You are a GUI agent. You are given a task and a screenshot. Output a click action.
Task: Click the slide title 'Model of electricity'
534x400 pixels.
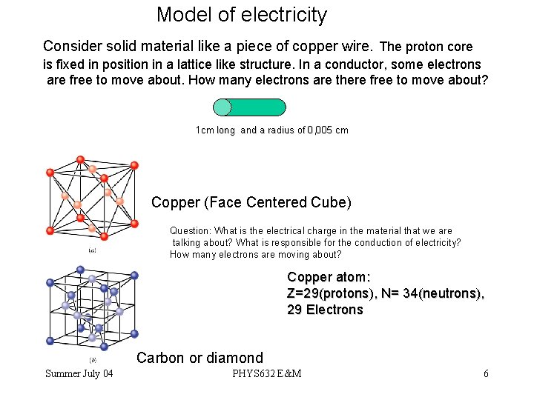point(241,15)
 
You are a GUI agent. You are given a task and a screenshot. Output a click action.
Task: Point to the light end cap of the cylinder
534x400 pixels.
point(222,107)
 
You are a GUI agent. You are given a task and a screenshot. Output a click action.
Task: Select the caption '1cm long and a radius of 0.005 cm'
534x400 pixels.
point(271,130)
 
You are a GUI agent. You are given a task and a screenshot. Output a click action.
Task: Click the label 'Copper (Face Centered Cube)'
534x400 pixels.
point(251,202)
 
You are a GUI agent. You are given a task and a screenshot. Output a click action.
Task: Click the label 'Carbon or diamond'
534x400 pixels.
point(200,358)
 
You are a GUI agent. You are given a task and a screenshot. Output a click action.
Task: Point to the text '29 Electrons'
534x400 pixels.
point(325,310)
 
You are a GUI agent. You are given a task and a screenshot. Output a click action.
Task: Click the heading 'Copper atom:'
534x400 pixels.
point(328,277)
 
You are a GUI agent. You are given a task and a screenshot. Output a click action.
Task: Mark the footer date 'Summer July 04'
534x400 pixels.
point(79,373)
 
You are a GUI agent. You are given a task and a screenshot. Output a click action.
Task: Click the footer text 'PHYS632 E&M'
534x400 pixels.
point(266,373)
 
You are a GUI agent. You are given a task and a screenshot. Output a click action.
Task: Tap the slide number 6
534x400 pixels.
point(486,373)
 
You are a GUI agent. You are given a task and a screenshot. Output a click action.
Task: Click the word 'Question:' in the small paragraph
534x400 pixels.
point(191,231)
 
